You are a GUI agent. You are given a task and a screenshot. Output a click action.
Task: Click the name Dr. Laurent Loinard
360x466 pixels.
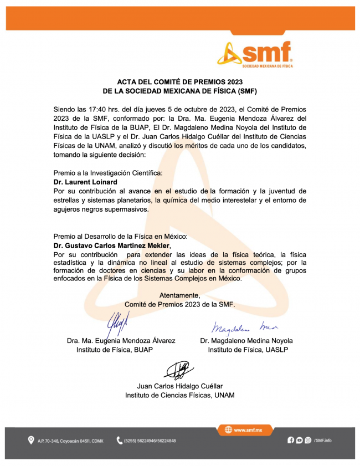[85, 182]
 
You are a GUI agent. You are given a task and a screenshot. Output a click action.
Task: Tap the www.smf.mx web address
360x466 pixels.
[248, 429]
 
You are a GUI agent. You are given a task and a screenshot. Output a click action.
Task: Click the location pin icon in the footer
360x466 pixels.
[31, 441]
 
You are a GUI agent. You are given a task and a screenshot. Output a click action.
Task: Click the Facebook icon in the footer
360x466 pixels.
[291, 441]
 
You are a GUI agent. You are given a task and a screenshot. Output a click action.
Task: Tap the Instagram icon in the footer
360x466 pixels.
[308, 441]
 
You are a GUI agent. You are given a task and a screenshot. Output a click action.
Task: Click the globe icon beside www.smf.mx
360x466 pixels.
[228, 429]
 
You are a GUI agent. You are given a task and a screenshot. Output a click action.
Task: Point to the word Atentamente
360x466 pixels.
[179, 295]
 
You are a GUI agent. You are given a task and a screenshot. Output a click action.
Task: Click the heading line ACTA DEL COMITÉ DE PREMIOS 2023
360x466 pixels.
[180, 81]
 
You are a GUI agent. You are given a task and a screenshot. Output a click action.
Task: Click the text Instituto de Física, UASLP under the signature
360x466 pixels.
[247, 350]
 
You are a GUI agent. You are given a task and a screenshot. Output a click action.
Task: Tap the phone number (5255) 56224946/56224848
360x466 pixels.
[151, 441]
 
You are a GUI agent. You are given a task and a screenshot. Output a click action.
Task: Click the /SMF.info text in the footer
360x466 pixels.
[323, 441]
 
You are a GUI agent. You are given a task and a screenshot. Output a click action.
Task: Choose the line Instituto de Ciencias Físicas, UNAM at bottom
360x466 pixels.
[179, 395]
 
